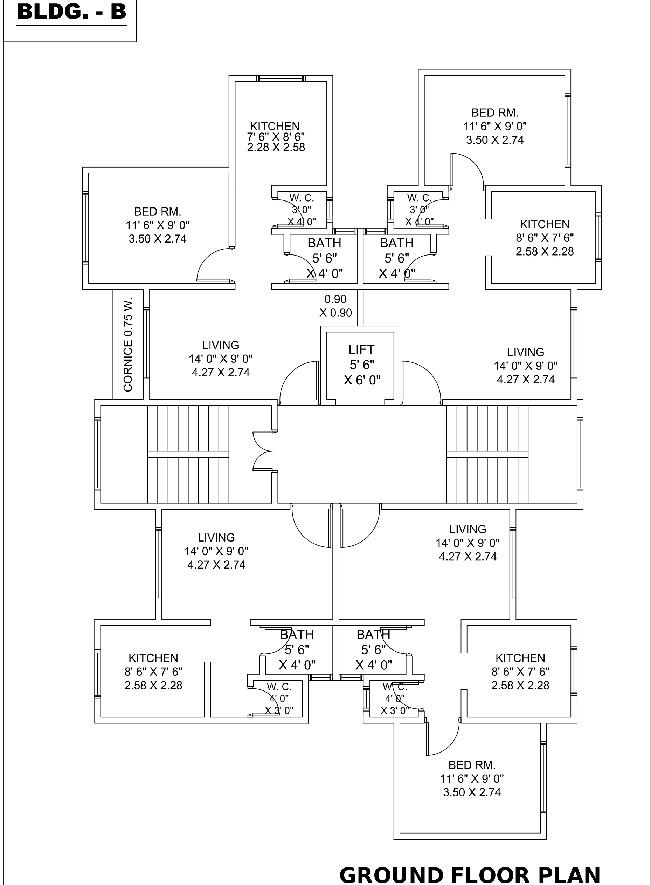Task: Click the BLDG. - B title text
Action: (72, 12)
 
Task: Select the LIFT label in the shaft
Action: (361, 349)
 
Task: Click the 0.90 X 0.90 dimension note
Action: (335, 306)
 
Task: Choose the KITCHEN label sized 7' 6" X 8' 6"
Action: (275, 126)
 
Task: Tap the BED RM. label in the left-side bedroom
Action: (158, 212)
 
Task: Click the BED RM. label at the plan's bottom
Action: (472, 765)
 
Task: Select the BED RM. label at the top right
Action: (495, 113)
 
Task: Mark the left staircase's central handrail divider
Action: (188, 454)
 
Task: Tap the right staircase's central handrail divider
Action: (487, 454)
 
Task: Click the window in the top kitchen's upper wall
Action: (281, 79)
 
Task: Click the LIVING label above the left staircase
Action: (221, 346)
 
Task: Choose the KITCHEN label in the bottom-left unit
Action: (153, 658)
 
